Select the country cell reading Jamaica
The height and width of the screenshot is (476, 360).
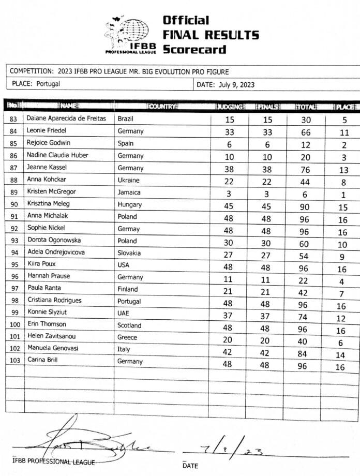(129, 192)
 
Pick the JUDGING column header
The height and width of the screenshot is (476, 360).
(230, 107)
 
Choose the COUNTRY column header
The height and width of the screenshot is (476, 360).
(162, 107)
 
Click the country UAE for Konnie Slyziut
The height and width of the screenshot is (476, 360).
(124, 313)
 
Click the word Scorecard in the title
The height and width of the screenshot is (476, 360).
(194, 50)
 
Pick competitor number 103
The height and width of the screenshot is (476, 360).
(14, 361)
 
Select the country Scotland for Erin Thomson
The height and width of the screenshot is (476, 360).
(129, 325)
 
